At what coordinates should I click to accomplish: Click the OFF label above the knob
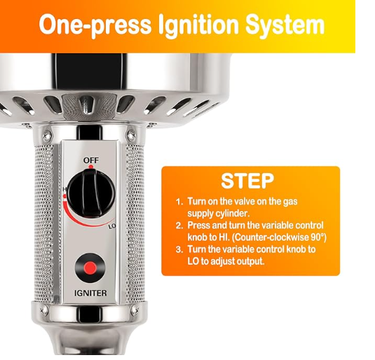90,160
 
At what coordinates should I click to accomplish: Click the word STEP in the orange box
247,180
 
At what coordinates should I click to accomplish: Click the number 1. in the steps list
179,201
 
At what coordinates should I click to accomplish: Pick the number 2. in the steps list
179,226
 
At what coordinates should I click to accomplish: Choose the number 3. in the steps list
179,249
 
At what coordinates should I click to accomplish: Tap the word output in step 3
250,261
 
